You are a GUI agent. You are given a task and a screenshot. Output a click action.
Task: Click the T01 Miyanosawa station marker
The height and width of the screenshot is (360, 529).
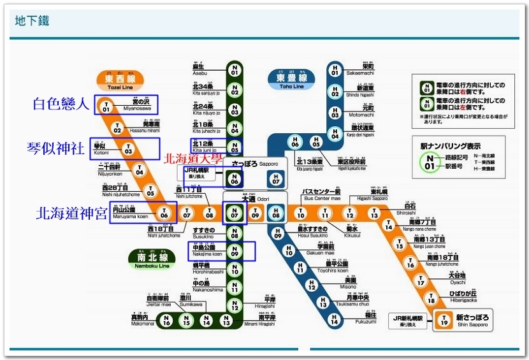coord(106,107)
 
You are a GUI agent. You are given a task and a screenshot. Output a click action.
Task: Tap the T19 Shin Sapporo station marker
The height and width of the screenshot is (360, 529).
coord(444,322)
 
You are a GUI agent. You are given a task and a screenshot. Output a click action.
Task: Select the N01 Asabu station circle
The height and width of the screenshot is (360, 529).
coord(235,70)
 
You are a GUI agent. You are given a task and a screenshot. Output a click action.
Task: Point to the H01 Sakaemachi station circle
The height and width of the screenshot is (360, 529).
coord(335,70)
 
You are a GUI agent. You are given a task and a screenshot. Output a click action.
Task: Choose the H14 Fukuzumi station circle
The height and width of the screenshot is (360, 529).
coord(334,321)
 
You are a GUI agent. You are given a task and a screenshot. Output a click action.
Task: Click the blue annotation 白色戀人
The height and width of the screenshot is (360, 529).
coord(61,104)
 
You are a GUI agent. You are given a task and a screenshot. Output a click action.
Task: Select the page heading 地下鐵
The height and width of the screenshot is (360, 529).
coord(33,21)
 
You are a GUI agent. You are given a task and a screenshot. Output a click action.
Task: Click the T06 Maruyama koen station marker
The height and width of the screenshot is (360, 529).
coord(164,213)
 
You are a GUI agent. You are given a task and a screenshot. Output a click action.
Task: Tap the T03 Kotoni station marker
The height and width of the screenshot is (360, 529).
coord(129,150)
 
